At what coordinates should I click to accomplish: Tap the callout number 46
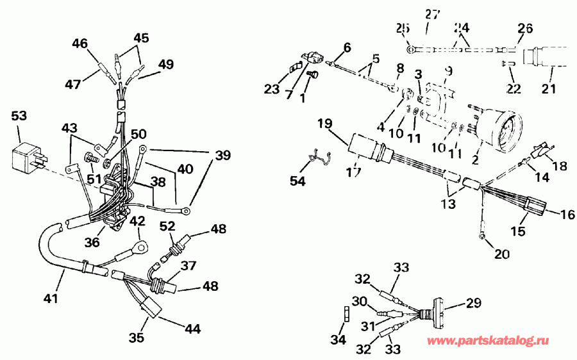(x=80, y=44)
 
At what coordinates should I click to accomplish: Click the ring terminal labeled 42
(x=140, y=245)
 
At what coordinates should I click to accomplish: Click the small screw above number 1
(x=313, y=75)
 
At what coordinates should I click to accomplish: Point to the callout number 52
(x=167, y=225)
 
